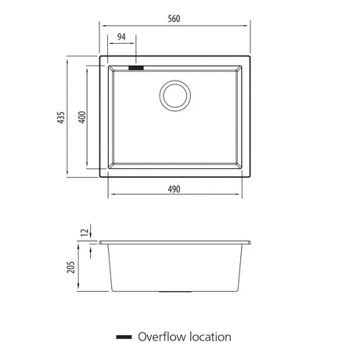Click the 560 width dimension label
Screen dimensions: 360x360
click(x=174, y=19)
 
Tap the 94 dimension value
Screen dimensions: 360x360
click(x=121, y=37)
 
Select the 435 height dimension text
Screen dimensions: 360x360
click(x=61, y=117)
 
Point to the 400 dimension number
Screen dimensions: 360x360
click(x=82, y=117)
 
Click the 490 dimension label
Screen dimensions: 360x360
click(x=174, y=189)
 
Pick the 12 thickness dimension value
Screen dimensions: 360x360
click(x=85, y=232)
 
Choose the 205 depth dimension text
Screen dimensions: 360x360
click(x=70, y=267)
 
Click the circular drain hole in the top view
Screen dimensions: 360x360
click(x=175, y=95)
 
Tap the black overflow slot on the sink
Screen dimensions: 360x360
click(x=136, y=68)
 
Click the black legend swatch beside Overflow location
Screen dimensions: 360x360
click(x=124, y=337)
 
